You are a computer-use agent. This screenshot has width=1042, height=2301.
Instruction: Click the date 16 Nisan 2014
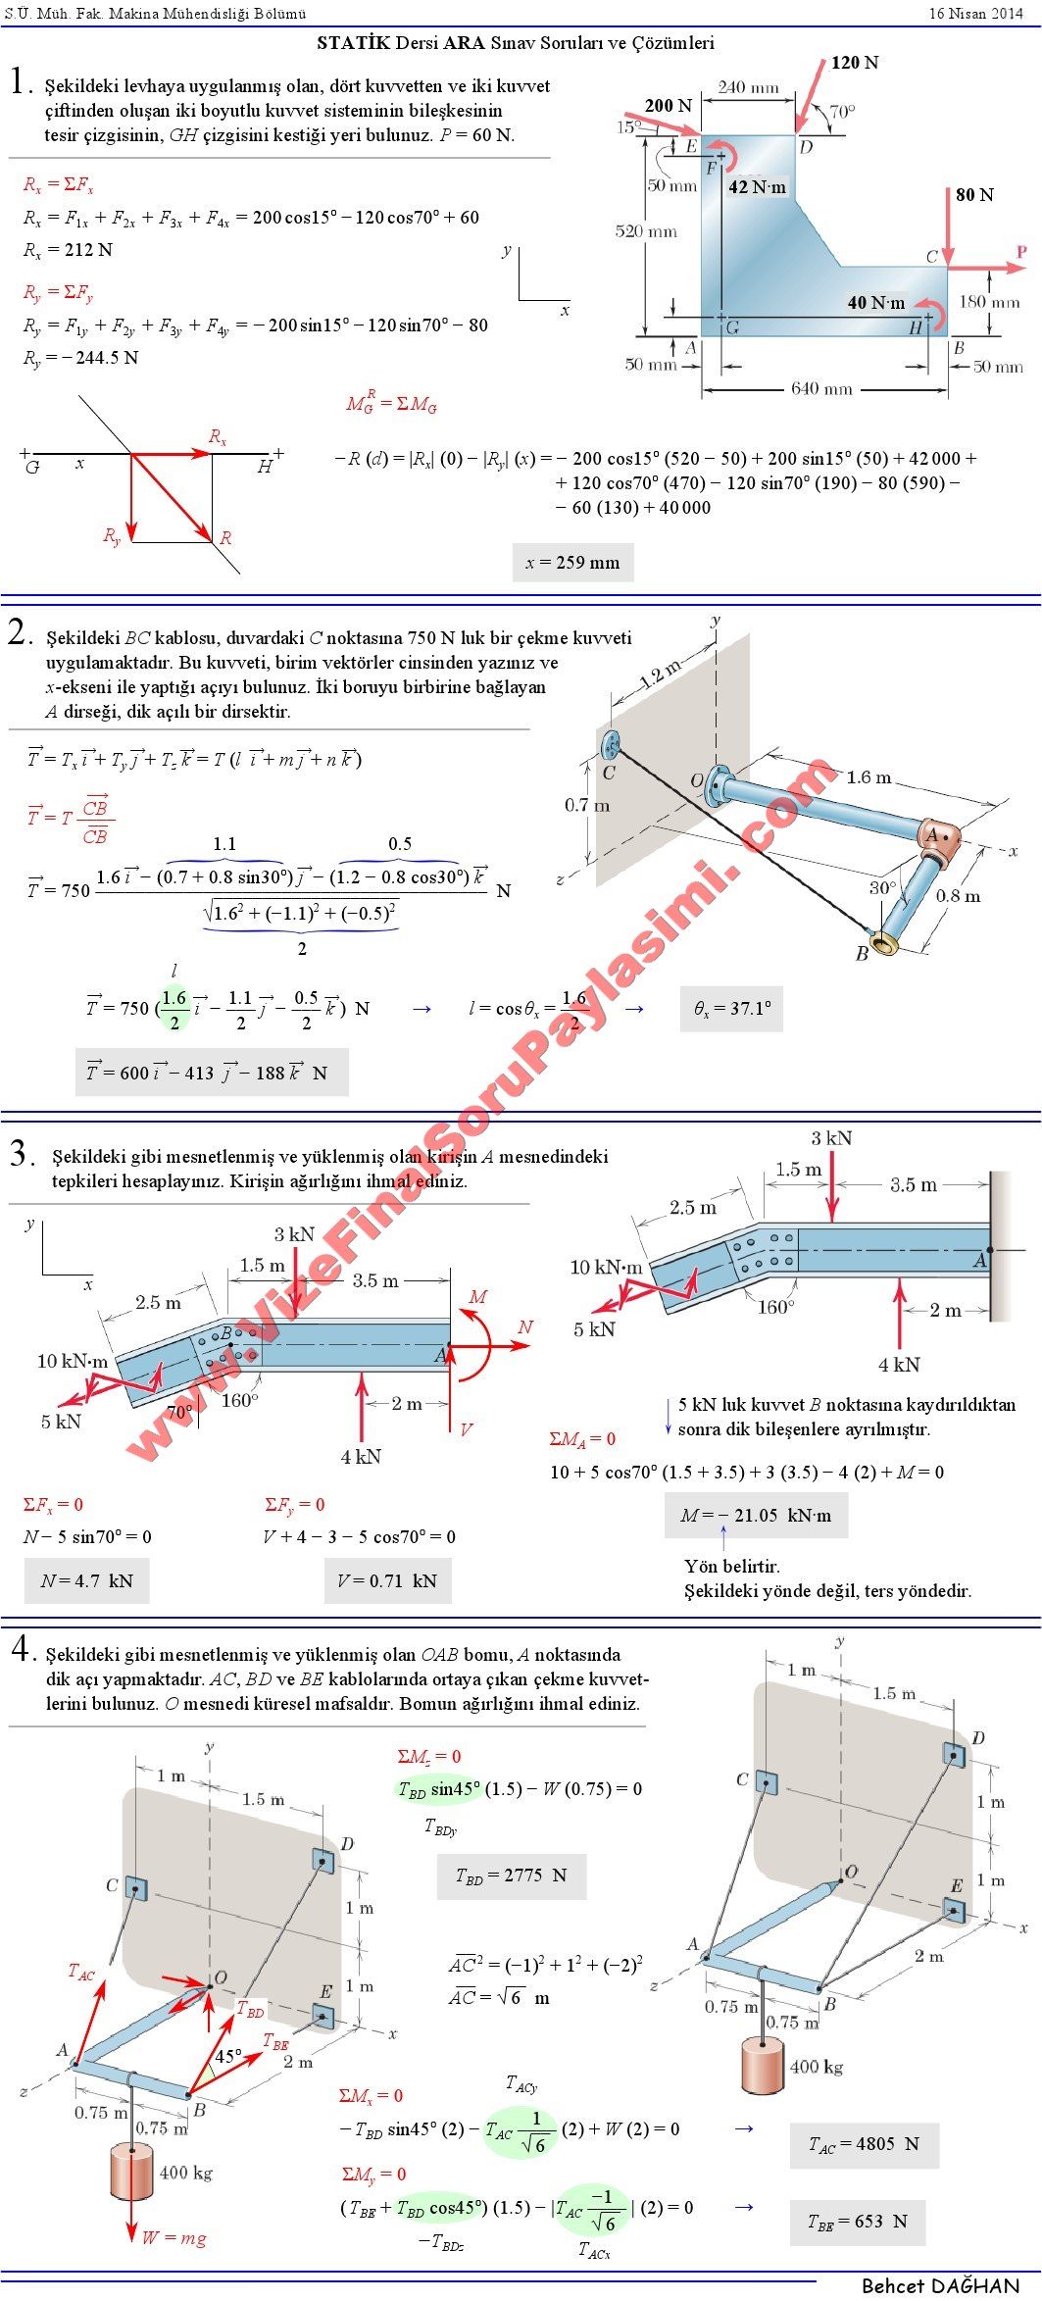pyautogui.click(x=975, y=13)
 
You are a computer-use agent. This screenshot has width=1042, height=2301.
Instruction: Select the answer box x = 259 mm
pyautogui.click(x=572, y=563)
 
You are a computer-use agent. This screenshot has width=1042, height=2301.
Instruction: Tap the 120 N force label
pyautogui.click(x=854, y=63)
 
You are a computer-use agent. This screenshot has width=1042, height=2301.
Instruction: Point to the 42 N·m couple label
pyautogui.click(x=757, y=187)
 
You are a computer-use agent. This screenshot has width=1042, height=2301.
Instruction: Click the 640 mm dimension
pyautogui.click(x=821, y=388)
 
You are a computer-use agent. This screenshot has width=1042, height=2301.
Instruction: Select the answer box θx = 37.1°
pyautogui.click(x=732, y=1008)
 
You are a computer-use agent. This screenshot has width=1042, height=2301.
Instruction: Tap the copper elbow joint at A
pyautogui.click(x=937, y=835)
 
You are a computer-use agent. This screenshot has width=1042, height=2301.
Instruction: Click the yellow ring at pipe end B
pyautogui.click(x=887, y=943)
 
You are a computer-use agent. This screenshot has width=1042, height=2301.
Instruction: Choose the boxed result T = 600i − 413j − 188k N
pyautogui.click(x=211, y=1073)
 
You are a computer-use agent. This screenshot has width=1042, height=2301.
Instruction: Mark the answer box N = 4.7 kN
pyautogui.click(x=86, y=1580)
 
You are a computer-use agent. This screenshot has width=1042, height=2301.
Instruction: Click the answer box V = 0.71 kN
pyautogui.click(x=387, y=1580)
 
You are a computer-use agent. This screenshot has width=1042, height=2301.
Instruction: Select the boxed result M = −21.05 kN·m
pyautogui.click(x=756, y=1516)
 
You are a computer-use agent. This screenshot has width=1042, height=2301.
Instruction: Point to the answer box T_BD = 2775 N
pyautogui.click(x=511, y=1876)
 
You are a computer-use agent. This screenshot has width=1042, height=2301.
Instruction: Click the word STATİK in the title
pyautogui.click(x=353, y=43)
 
